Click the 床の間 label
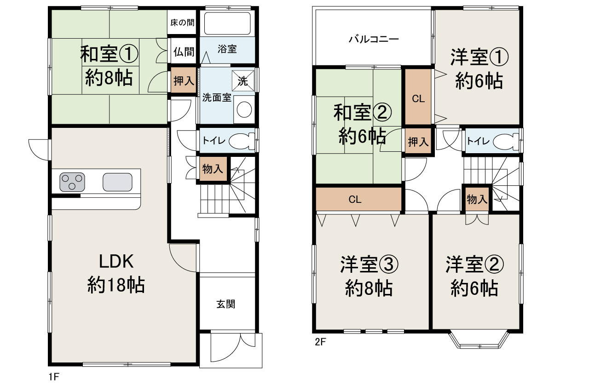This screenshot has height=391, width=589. click(x=182, y=23)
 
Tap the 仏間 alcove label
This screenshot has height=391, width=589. click(x=184, y=52)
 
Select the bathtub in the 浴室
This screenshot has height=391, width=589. click(x=227, y=23)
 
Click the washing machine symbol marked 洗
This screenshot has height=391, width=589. click(x=243, y=80)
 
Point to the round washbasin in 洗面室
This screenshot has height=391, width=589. click(x=244, y=109)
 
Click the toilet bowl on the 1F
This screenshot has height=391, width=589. click(x=242, y=141)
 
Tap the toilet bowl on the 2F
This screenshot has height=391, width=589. click(x=506, y=141)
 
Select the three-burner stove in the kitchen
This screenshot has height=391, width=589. click(x=72, y=182)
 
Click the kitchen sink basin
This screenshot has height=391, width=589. click(x=117, y=182)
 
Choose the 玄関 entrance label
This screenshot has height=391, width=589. click(x=225, y=304)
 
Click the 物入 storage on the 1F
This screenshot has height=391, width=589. click(x=213, y=169)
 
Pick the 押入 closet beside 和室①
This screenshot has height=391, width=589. click(x=184, y=80)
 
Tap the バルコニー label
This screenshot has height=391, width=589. click(x=374, y=40)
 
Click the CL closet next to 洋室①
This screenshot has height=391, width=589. click(x=418, y=97)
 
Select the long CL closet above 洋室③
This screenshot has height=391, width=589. click(x=358, y=199)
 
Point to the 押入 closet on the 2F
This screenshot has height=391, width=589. click(x=418, y=141)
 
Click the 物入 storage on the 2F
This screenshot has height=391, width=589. click(x=477, y=199)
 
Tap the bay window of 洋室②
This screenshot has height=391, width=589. click(x=479, y=341)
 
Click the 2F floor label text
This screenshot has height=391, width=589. click(x=320, y=342)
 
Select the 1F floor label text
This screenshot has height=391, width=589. click(x=54, y=377)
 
